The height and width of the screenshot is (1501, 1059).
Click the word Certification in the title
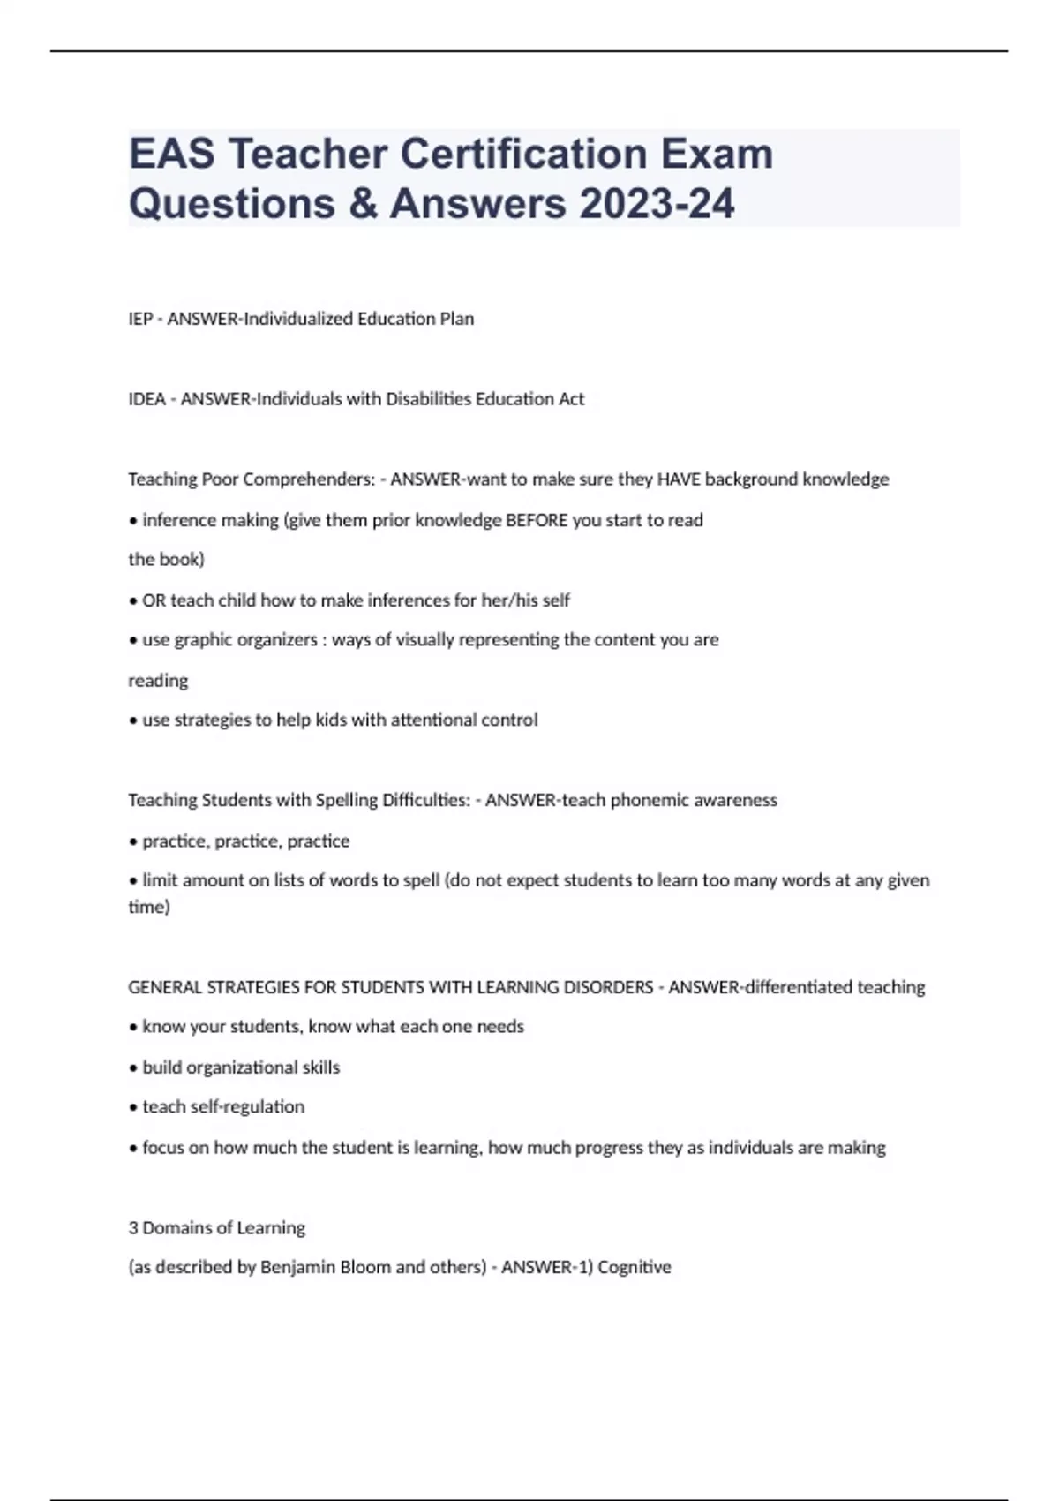(524, 155)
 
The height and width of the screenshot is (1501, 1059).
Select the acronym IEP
(140, 319)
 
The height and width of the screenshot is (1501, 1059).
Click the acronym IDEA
(147, 399)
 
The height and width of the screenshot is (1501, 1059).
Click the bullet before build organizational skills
(133, 1068)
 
